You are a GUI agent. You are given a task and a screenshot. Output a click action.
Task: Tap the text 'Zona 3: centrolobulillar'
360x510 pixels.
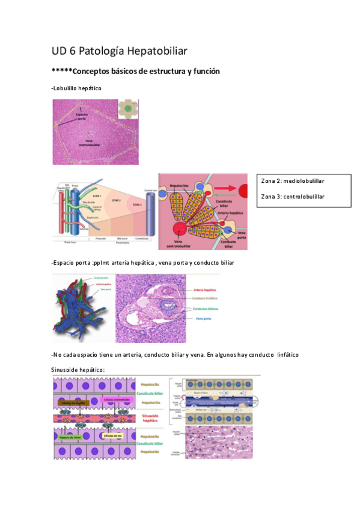[293, 196]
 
